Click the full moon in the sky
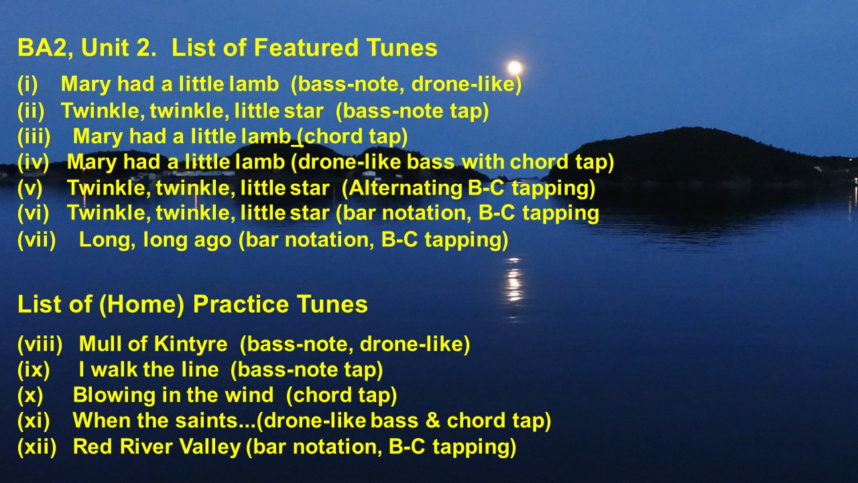click(x=515, y=68)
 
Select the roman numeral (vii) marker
click(x=37, y=240)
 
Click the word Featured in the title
click(x=306, y=48)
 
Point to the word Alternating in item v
click(x=402, y=189)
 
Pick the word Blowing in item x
click(x=114, y=396)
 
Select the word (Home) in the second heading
click(x=141, y=305)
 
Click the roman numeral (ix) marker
click(x=34, y=370)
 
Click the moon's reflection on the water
click(x=513, y=284)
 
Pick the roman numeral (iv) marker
click(x=34, y=162)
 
